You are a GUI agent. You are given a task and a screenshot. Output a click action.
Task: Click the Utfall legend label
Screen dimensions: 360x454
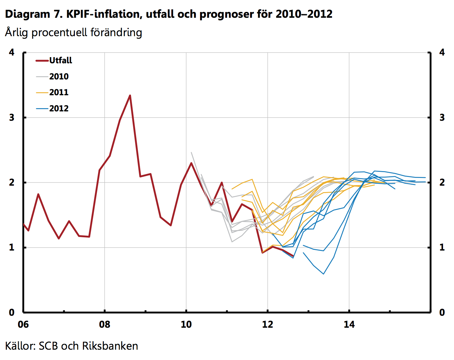pyautogui.click(x=61, y=60)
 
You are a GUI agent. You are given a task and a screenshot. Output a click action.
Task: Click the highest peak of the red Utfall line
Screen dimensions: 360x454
pyautogui.click(x=130, y=95)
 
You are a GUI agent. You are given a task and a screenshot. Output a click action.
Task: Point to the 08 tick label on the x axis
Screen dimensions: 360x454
pyautogui.click(x=105, y=324)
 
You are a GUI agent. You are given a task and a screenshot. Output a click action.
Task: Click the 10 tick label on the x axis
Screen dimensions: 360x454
pyautogui.click(x=186, y=324)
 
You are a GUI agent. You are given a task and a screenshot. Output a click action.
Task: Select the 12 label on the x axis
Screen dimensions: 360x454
pyautogui.click(x=267, y=324)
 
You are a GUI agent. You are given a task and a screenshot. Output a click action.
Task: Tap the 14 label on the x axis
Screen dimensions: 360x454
pyautogui.click(x=349, y=324)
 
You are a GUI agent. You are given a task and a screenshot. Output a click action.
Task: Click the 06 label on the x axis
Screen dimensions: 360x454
pyautogui.click(x=23, y=324)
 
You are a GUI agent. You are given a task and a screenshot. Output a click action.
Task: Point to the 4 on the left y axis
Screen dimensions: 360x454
pyautogui.click(x=12, y=52)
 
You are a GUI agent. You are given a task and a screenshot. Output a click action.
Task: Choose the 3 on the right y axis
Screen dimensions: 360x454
pyautogui.click(x=442, y=118)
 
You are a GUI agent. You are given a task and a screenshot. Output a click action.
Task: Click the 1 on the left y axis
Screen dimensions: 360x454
pyautogui.click(x=12, y=247)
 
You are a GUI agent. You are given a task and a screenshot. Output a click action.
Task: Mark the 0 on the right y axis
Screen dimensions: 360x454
pyautogui.click(x=442, y=312)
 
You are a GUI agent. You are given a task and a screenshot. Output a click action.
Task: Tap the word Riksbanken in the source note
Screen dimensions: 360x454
pyautogui.click(x=110, y=346)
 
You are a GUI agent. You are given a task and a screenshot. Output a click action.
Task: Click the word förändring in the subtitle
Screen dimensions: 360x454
pyautogui.click(x=116, y=33)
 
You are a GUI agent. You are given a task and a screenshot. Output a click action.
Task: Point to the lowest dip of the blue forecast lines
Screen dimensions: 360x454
pyautogui.click(x=323, y=274)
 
